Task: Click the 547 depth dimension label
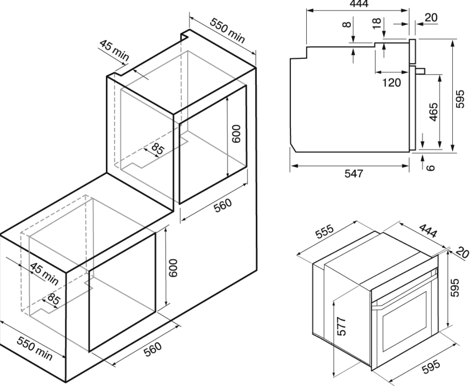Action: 354,173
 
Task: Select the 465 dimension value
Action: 433,112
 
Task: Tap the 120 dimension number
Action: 392,82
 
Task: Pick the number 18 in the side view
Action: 376,23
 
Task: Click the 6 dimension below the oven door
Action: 431,167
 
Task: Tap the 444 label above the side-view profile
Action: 359,3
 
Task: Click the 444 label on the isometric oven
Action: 427,231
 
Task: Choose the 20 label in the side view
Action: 431,17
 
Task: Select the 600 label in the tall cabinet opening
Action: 237,134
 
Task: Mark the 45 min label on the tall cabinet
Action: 114,50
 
